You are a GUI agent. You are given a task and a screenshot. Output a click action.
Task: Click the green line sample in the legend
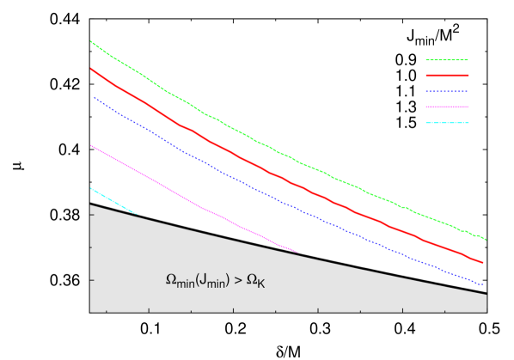[x=447, y=60]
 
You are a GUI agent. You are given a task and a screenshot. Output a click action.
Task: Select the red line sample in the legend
[x=447, y=76]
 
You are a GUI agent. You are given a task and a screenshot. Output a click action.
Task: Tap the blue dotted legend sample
[x=447, y=91]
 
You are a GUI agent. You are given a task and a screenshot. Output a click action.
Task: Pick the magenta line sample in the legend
[x=447, y=107]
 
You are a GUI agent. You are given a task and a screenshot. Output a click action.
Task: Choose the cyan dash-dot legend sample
[x=447, y=122]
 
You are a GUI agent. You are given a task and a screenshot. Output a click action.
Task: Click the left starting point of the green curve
[x=91, y=41]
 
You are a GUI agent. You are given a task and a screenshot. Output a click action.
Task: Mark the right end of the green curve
[x=486, y=239]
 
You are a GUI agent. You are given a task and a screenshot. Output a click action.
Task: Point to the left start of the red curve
[x=91, y=69]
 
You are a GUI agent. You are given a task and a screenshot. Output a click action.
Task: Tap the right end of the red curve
[x=483, y=263]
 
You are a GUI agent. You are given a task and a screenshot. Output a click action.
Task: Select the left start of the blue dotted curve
[x=94, y=97]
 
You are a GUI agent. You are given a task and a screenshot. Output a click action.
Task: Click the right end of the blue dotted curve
[x=484, y=284]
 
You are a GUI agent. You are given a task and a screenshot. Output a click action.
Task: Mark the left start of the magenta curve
[x=91, y=145]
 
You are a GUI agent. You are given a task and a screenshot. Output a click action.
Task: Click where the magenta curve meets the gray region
[x=297, y=252]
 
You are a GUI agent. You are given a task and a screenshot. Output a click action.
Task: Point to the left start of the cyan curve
[x=91, y=188]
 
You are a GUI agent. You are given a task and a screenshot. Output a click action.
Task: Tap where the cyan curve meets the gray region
[x=136, y=213]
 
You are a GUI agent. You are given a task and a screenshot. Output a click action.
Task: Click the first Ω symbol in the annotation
[x=170, y=280]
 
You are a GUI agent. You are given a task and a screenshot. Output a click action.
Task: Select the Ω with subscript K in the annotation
[x=252, y=280]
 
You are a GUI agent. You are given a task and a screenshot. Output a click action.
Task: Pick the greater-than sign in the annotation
[x=238, y=280]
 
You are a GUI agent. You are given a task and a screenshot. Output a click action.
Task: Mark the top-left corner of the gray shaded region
[x=90, y=204]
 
